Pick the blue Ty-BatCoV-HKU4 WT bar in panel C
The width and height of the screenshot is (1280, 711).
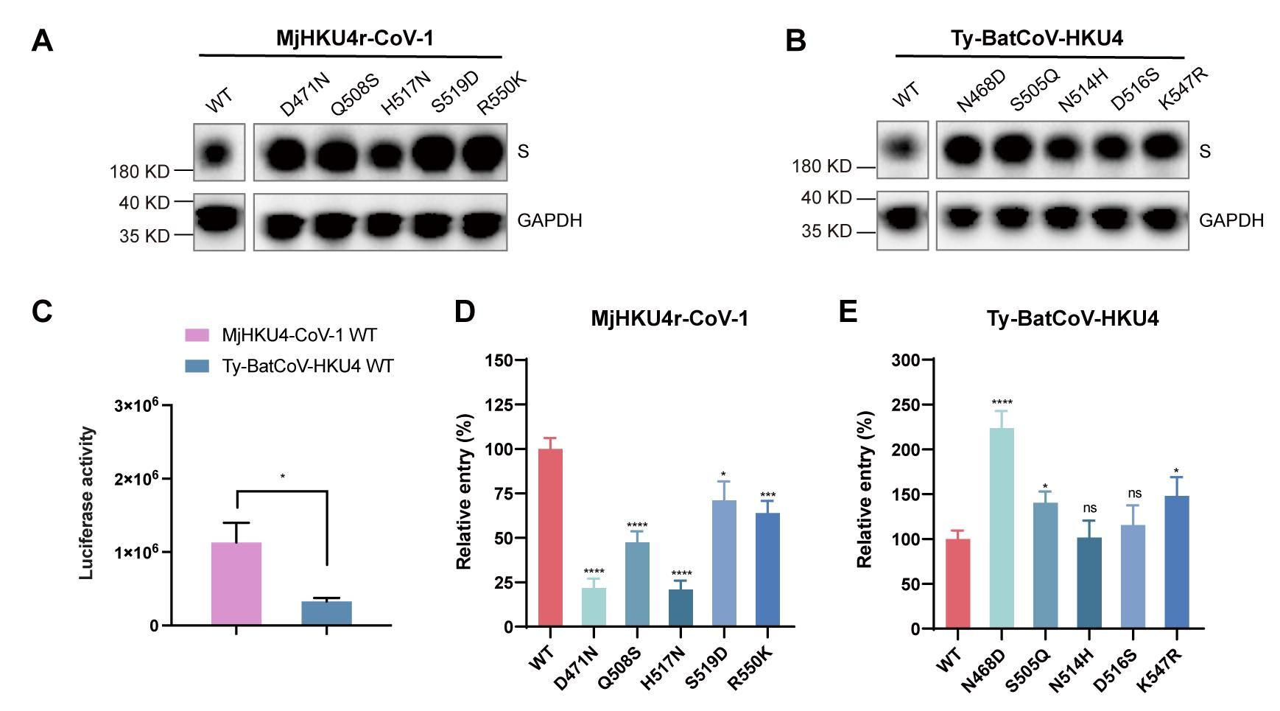click(326, 613)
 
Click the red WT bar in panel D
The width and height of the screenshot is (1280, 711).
click(550, 537)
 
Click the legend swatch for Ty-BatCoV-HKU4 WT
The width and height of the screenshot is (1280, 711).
click(197, 366)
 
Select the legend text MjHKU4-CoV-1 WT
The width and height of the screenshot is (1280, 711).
click(299, 335)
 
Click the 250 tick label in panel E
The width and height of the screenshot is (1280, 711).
click(906, 405)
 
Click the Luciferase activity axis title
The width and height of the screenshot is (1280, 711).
click(87, 503)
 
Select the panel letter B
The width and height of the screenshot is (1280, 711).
click(795, 41)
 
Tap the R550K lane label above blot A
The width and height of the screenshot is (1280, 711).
click(502, 94)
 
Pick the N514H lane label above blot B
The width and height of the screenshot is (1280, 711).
click(1083, 91)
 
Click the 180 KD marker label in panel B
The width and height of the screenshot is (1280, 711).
click(821, 167)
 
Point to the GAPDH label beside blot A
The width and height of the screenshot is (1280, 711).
click(549, 220)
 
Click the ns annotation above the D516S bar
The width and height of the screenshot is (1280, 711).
click(1134, 493)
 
